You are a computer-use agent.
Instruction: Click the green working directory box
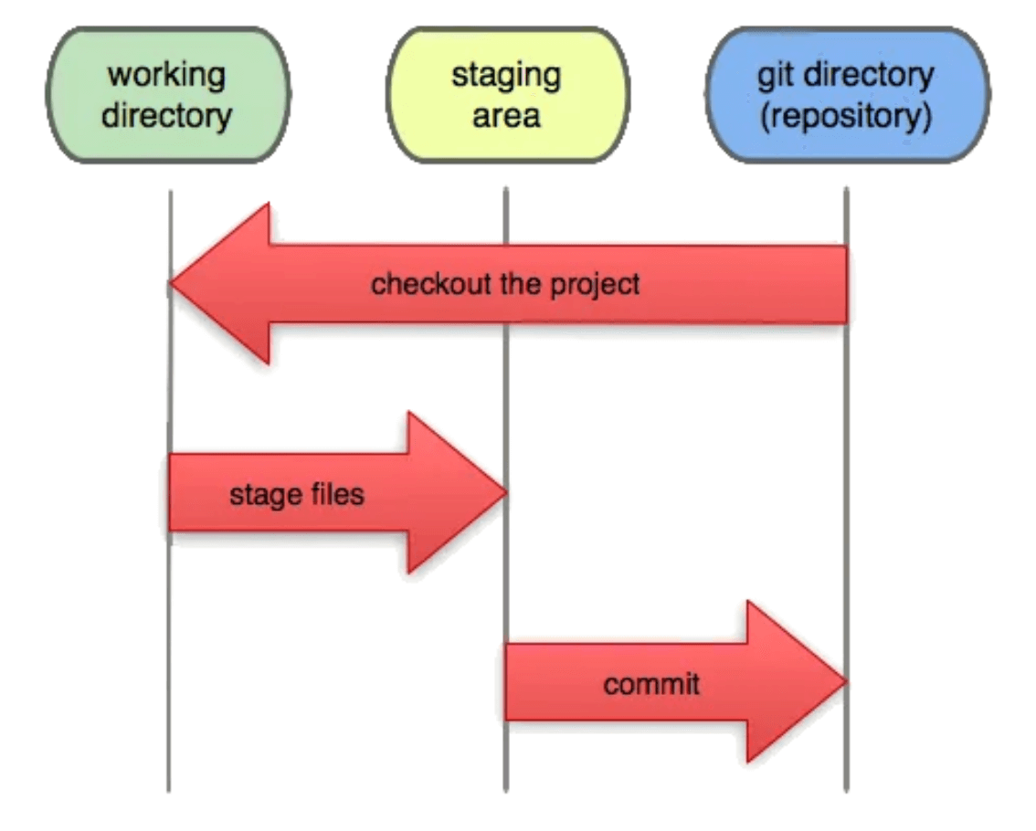click(x=167, y=95)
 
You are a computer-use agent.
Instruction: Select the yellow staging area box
click(x=506, y=95)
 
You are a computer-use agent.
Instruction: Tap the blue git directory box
click(x=846, y=95)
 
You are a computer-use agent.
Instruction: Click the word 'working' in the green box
click(x=166, y=74)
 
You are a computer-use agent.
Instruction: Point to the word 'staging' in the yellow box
click(x=506, y=74)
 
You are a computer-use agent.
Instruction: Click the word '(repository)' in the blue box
click(x=846, y=118)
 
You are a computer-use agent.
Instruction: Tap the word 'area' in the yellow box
click(x=506, y=117)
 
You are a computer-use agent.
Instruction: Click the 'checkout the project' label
click(x=505, y=284)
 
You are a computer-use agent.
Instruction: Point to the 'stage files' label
click(x=296, y=494)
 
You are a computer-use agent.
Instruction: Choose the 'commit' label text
click(x=651, y=683)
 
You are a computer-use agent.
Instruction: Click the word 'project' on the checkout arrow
click(x=594, y=284)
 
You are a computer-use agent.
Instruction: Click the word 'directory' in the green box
click(x=166, y=117)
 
